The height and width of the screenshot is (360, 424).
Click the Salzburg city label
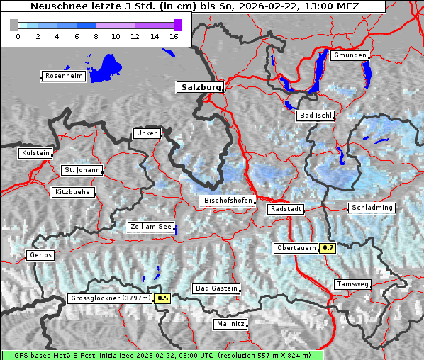[x=199, y=87]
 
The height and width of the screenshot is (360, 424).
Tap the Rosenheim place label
[x=63, y=76]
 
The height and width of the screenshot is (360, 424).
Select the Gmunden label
[x=350, y=55]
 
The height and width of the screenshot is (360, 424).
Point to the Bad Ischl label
[x=316, y=116]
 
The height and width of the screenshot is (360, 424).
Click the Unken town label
[x=146, y=133]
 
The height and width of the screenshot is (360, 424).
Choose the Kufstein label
[x=35, y=153]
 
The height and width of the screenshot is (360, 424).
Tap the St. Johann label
[x=82, y=170]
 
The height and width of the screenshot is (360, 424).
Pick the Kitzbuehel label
[x=72, y=192]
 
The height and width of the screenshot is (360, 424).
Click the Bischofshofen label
[x=228, y=201]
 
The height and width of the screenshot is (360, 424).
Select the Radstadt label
[x=286, y=209]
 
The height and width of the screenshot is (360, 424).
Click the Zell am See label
[x=150, y=227]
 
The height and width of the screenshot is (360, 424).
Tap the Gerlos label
[x=40, y=255]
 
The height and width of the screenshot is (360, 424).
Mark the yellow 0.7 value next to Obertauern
[x=328, y=248]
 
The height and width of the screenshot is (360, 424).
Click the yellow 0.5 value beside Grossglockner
[x=163, y=298]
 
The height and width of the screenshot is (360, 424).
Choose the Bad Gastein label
[x=216, y=288]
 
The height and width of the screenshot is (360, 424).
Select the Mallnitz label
[x=230, y=324]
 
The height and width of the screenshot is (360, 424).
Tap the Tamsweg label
[x=352, y=284]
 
